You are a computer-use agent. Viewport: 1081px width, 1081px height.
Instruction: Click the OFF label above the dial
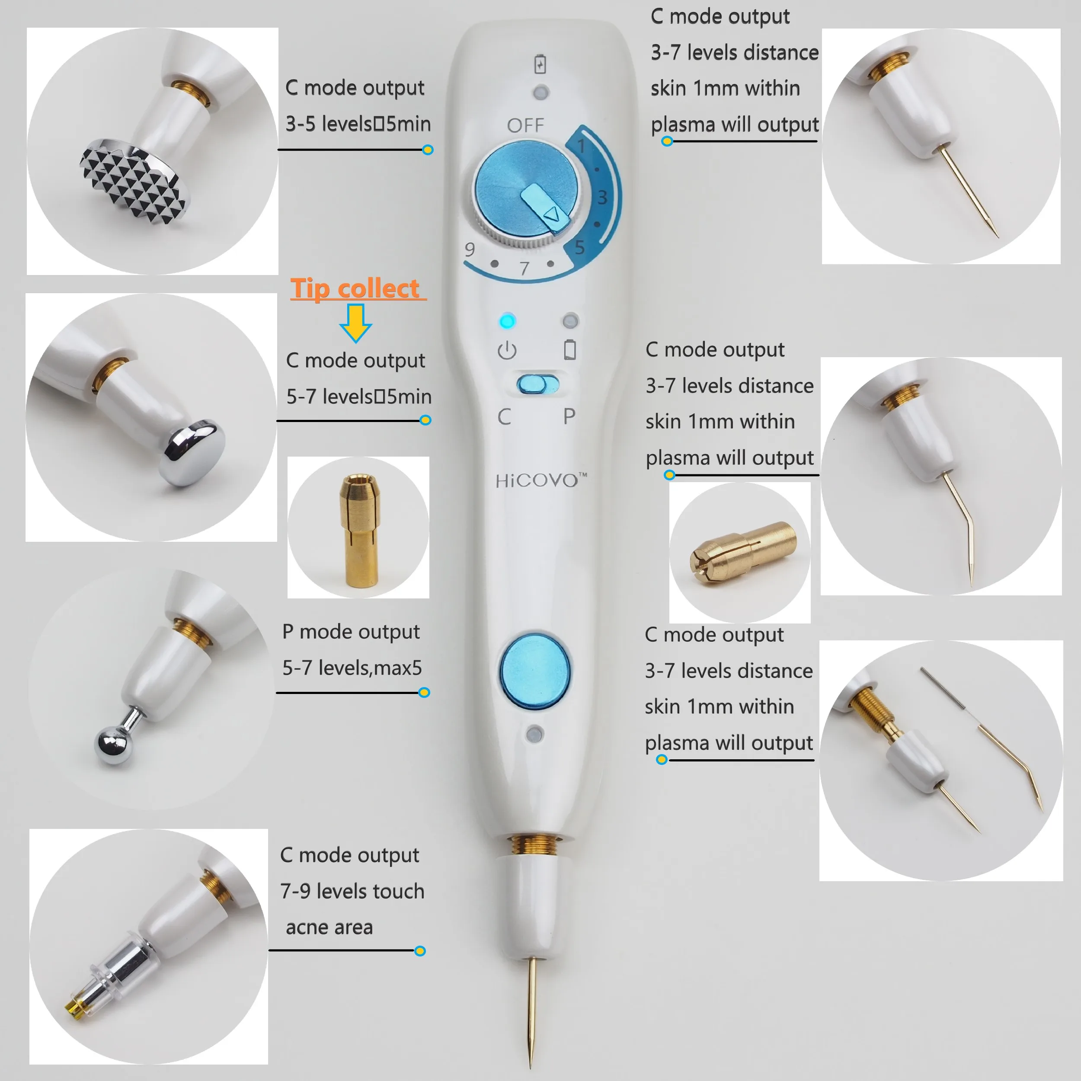(x=525, y=125)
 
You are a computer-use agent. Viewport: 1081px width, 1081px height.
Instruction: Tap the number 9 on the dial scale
(x=470, y=249)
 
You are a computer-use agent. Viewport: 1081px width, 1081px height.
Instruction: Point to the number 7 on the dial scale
(x=524, y=269)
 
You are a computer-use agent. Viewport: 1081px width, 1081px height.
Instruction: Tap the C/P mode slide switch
(x=538, y=384)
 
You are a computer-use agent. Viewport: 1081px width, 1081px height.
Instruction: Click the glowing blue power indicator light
(x=507, y=321)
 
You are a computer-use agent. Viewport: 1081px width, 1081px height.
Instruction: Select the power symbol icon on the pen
(x=507, y=350)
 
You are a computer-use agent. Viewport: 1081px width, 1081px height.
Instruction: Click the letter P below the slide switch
(x=569, y=416)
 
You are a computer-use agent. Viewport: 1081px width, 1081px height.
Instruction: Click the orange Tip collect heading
(x=355, y=289)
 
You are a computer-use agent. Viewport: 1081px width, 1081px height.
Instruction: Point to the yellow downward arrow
(x=355, y=323)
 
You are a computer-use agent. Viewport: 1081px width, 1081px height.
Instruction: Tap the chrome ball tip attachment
(x=114, y=745)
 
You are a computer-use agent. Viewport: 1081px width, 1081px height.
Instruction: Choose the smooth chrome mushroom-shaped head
(x=192, y=453)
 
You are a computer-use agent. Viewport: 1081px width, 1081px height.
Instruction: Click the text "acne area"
(x=329, y=927)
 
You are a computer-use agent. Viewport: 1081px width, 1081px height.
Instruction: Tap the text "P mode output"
(x=351, y=632)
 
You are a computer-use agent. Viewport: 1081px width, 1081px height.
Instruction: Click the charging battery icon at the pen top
(x=540, y=64)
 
